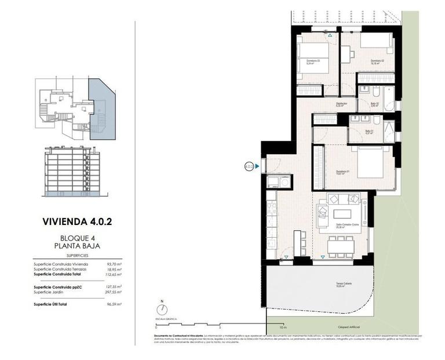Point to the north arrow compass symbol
tap(162, 309)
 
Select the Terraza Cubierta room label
tap(344, 284)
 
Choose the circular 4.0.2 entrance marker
tap(249, 166)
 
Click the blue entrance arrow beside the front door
tap(257, 166)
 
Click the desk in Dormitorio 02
tap(346, 54)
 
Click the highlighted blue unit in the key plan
tap(99, 110)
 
